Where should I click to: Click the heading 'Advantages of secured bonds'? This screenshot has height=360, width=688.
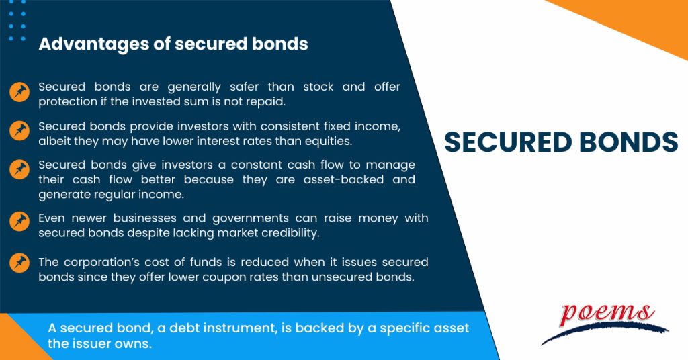coord(173,44)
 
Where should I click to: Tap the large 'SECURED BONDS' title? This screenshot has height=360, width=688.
coord(561,142)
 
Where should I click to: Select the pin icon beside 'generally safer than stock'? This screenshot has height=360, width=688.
coord(19,93)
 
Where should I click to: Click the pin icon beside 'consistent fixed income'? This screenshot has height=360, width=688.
coord(19,131)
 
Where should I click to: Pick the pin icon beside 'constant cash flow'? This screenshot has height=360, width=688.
coord(19,169)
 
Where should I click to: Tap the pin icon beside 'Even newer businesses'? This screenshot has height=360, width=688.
coord(19,221)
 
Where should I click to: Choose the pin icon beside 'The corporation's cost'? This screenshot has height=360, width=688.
coord(19,263)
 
